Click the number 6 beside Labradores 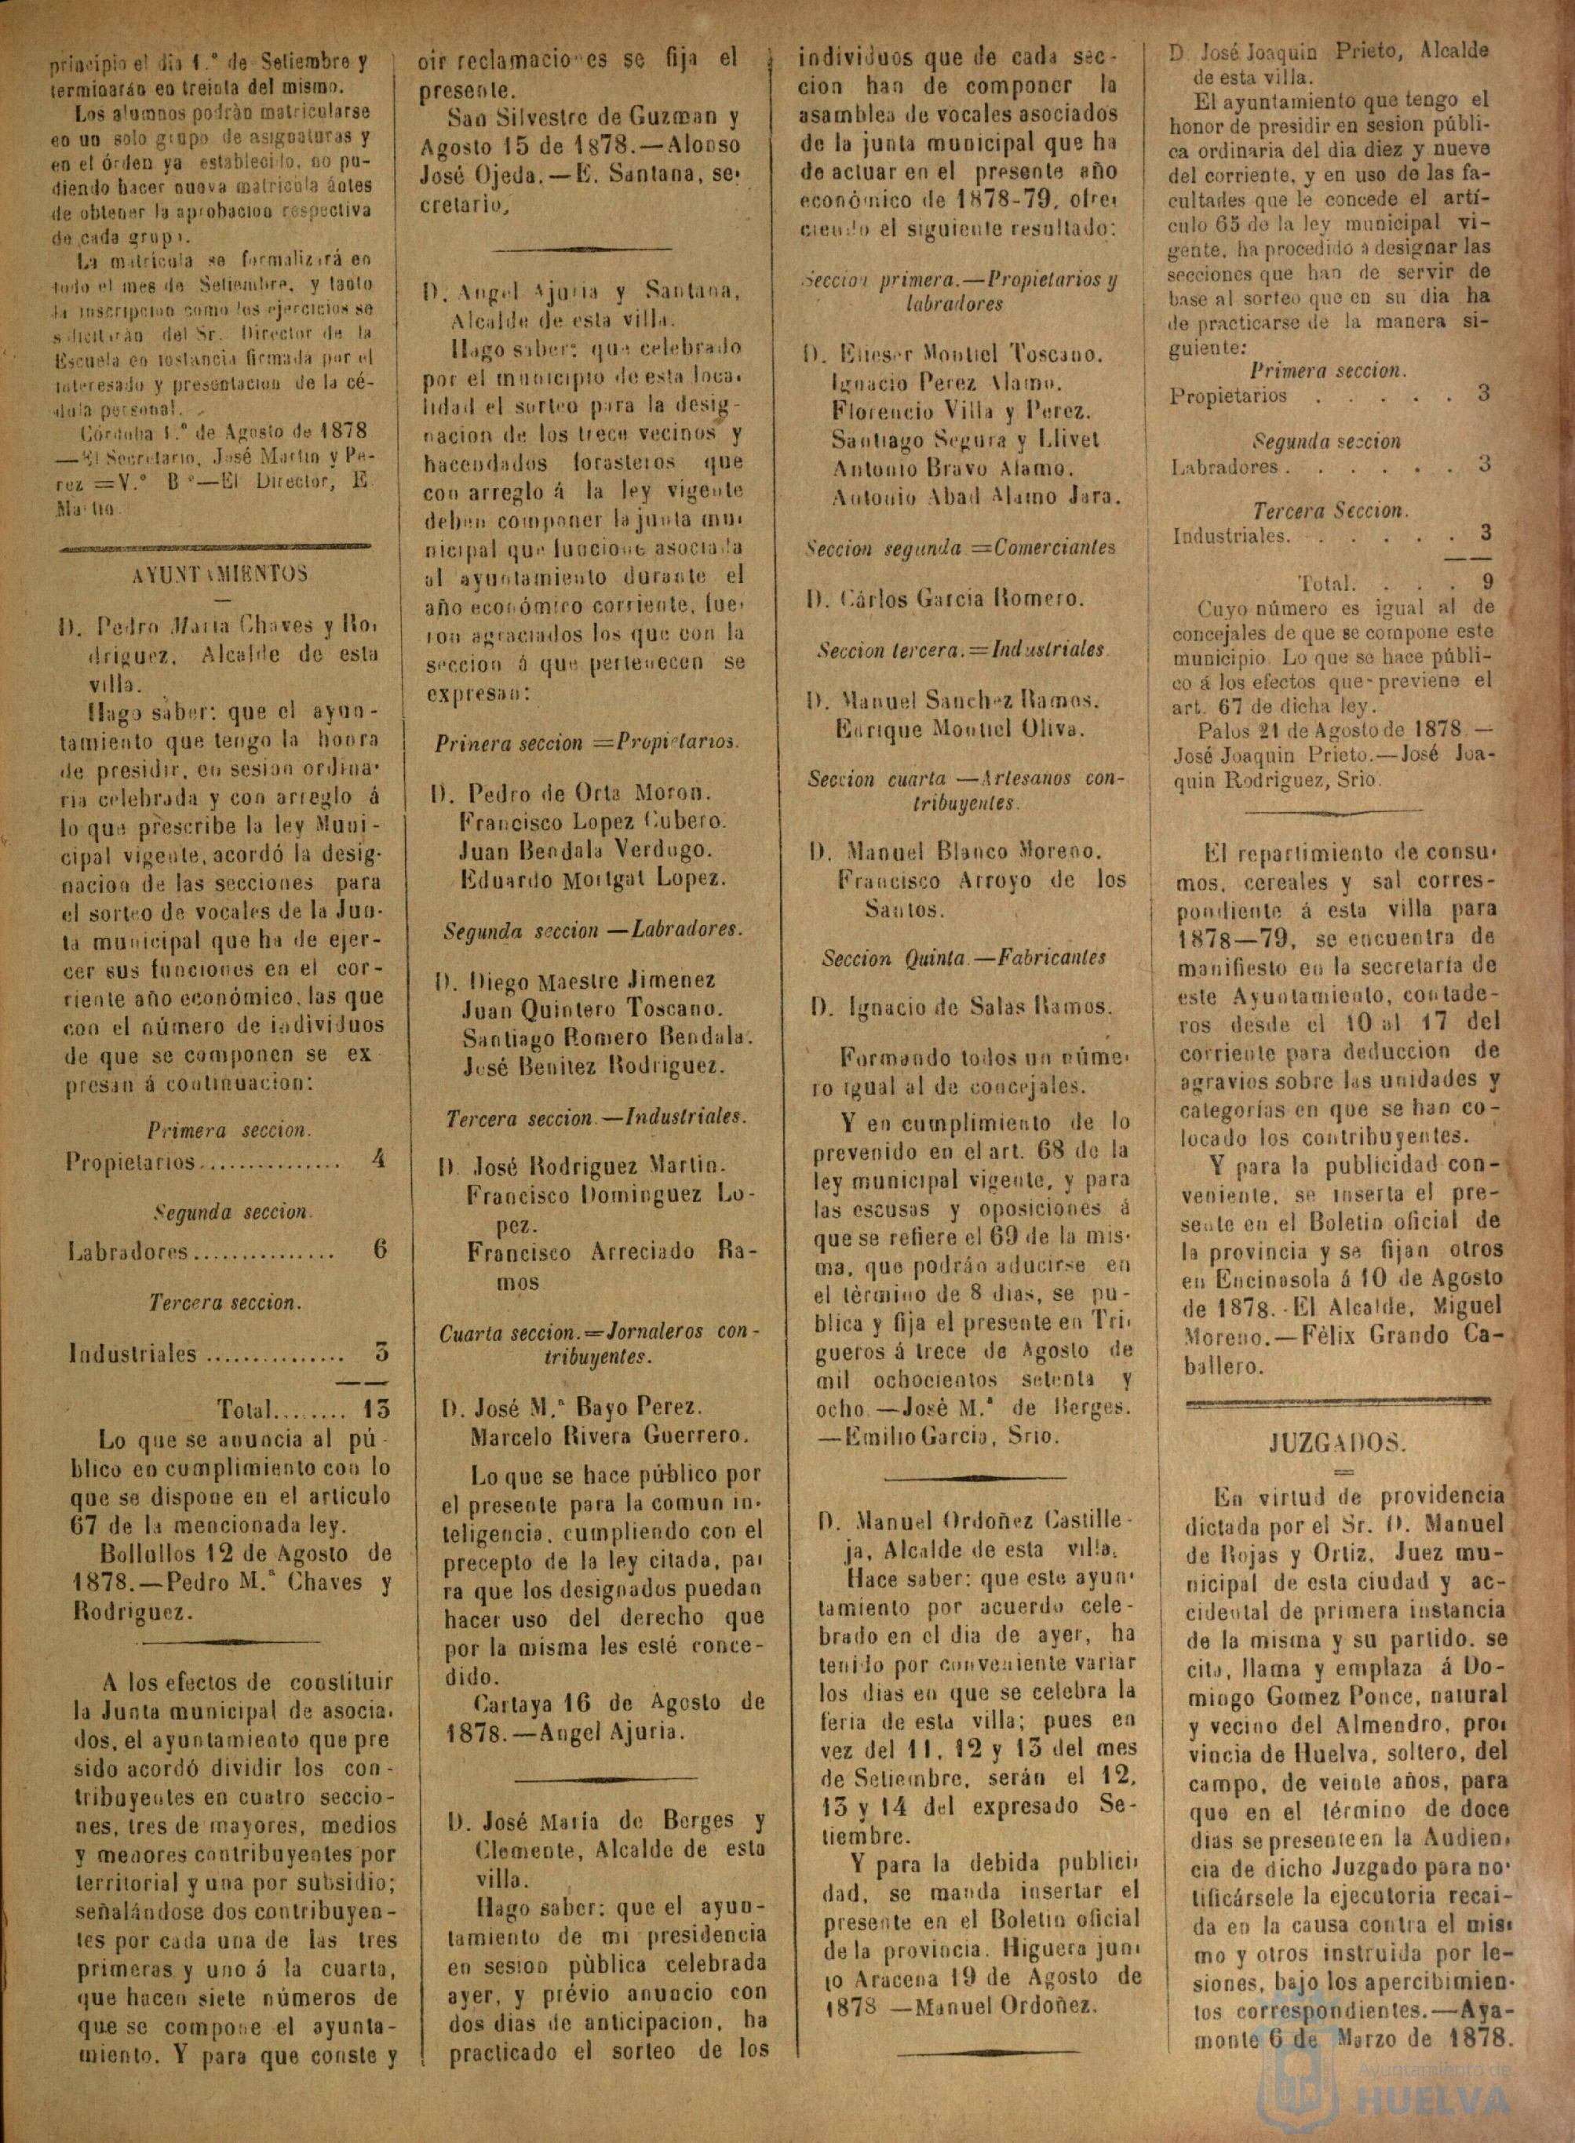[380, 1250]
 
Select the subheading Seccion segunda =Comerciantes [960, 549]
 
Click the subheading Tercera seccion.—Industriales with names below [596, 1117]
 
